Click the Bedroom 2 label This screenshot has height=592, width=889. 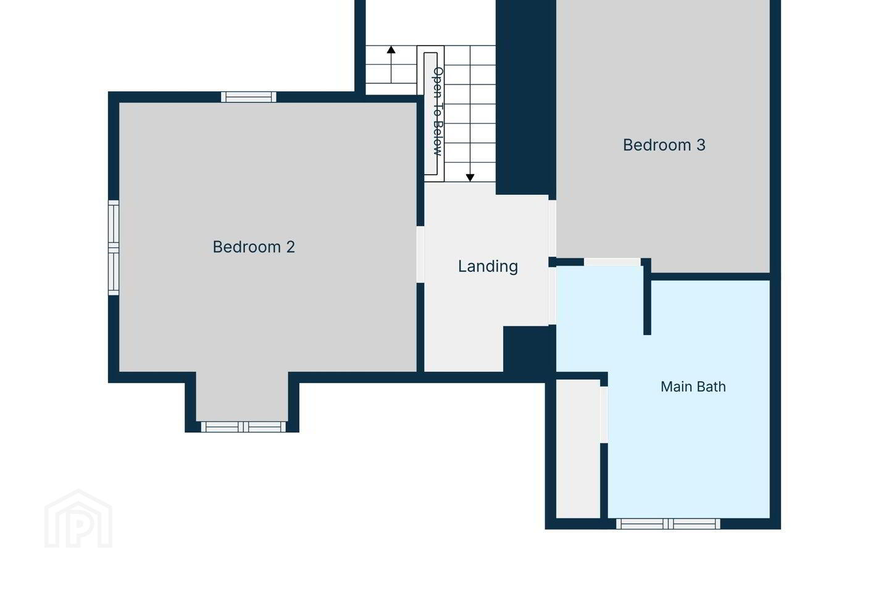coord(254,247)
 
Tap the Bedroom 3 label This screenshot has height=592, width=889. coord(664,145)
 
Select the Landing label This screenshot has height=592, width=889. coord(488,266)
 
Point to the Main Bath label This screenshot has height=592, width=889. coord(693,387)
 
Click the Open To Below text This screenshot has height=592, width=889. coord(437,112)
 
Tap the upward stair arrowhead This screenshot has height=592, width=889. coord(391,49)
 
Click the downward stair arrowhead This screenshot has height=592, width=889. coord(470,178)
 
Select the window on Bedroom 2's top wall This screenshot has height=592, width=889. coord(248,97)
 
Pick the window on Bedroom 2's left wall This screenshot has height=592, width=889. coord(114,247)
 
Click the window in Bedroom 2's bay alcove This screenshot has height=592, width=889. coord(243,427)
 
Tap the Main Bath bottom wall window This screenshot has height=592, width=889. coord(668,524)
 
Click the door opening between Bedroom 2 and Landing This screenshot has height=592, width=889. coord(420,254)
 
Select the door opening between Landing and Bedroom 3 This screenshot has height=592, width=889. coord(552,228)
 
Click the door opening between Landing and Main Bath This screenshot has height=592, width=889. coord(552,296)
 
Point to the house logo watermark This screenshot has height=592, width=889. coord(78,519)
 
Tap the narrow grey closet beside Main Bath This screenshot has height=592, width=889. coord(578,448)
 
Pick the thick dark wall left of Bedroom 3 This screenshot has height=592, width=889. coord(525,97)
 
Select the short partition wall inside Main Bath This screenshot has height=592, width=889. coord(647,297)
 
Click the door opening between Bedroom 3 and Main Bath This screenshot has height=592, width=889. coord(612,261)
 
